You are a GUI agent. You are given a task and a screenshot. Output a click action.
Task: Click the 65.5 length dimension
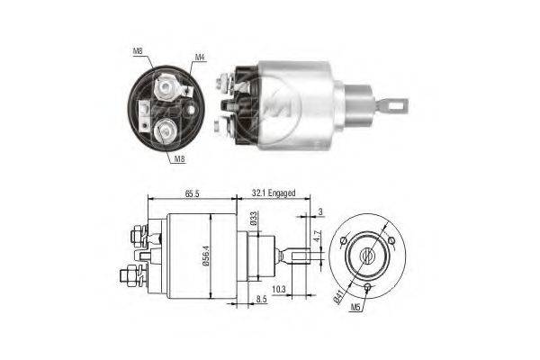click(x=191, y=193)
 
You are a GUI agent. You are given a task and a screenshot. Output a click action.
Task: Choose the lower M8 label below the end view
click(x=180, y=158)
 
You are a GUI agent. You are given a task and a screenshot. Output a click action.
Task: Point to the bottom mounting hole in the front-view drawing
click(x=369, y=288)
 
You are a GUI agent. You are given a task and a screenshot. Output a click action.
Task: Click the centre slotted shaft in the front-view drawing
click(x=367, y=256)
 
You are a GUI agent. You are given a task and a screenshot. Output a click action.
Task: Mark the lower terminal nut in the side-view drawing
click(x=133, y=272)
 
